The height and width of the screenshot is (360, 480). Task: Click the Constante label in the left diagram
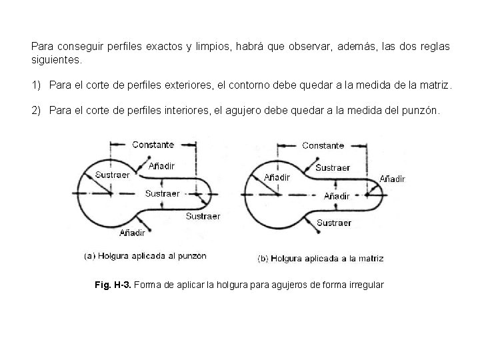pyautogui.click(x=153, y=144)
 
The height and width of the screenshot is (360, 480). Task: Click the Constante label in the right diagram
pyautogui.click(x=323, y=145)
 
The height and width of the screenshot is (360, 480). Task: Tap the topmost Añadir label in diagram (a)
pyautogui.click(x=161, y=166)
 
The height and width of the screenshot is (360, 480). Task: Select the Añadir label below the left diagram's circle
pyautogui.click(x=133, y=233)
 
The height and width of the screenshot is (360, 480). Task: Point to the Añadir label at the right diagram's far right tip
pyautogui.click(x=392, y=179)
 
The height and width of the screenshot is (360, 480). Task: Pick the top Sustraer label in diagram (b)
pyautogui.click(x=333, y=167)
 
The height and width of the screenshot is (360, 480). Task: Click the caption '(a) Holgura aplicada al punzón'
pyautogui.click(x=145, y=255)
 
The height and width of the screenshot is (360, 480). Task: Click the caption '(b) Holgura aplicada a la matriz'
pyautogui.click(x=320, y=258)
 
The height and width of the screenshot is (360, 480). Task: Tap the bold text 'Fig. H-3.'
pyautogui.click(x=113, y=285)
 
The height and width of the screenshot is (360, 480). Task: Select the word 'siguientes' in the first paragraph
pyautogui.click(x=56, y=59)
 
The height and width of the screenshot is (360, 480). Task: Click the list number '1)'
pyautogui.click(x=37, y=86)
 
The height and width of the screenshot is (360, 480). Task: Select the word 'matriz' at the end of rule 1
pyautogui.click(x=433, y=86)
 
